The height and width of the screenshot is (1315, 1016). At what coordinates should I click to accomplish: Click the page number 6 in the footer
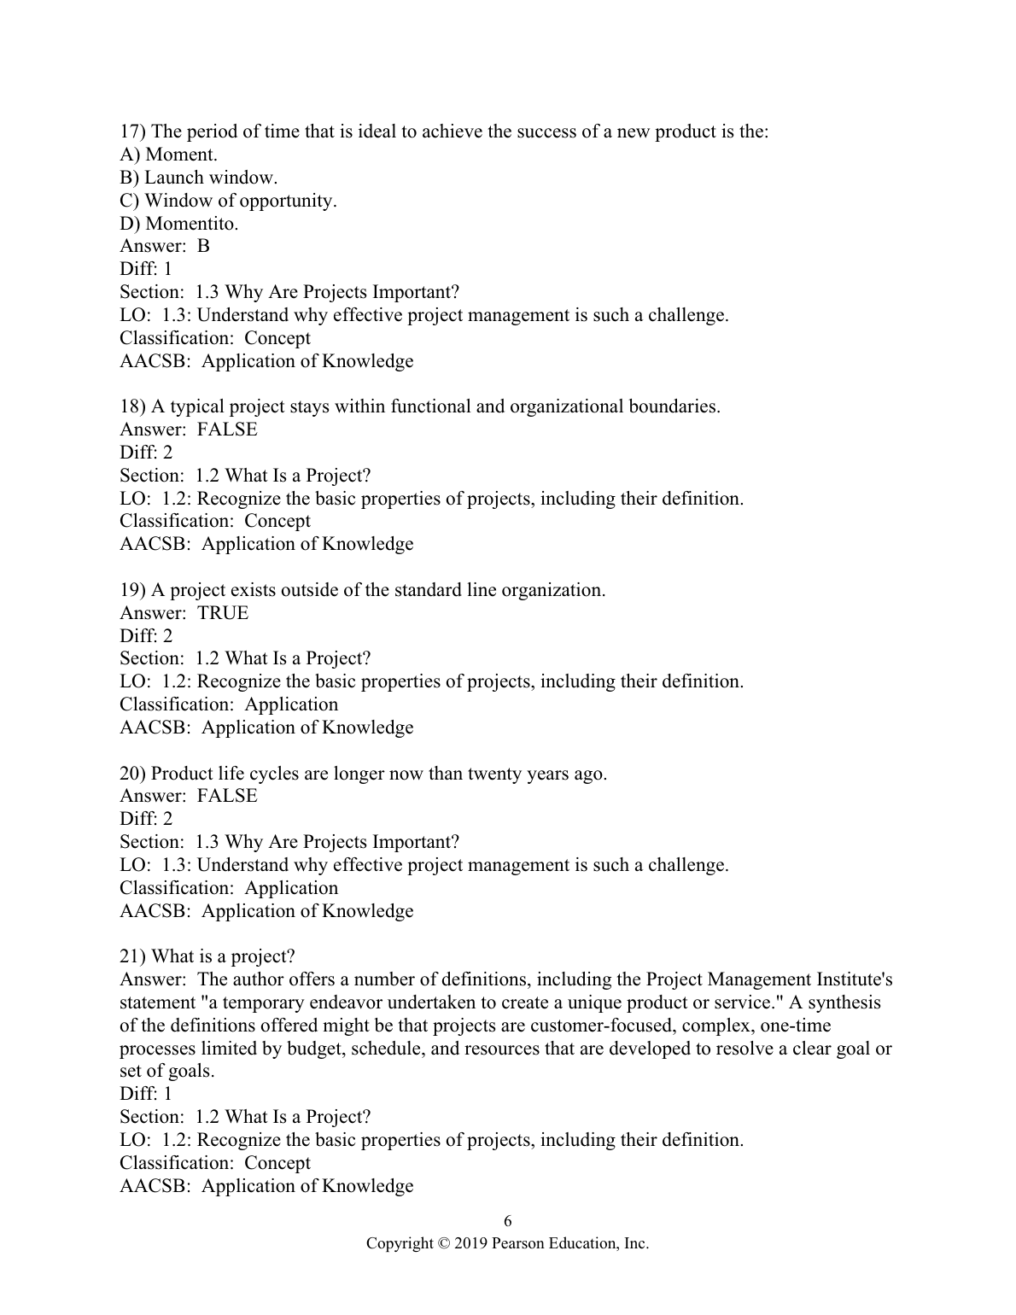(508, 1220)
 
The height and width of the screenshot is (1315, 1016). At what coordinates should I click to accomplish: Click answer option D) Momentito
(179, 224)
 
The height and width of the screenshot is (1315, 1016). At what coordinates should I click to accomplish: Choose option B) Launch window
(199, 178)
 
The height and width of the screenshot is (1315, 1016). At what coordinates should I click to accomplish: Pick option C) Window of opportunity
(228, 201)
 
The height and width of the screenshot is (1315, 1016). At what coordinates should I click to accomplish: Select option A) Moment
(168, 155)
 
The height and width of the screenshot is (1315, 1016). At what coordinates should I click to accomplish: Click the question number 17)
(133, 131)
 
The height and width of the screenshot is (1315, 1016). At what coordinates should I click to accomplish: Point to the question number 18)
(133, 406)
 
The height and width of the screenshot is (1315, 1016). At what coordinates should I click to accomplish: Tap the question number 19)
(133, 590)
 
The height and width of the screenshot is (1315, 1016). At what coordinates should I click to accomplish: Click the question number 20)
(133, 774)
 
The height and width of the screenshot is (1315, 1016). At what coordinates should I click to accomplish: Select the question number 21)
(133, 956)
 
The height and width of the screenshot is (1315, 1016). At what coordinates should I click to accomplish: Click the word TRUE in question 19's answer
(223, 613)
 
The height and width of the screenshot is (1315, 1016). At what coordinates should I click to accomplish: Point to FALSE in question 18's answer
(227, 430)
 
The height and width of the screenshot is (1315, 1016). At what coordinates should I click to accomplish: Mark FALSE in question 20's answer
(227, 796)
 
